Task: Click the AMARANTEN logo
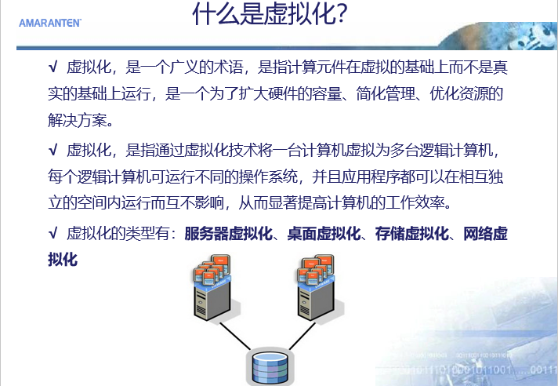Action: click(x=50, y=24)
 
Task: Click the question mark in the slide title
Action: click(x=341, y=13)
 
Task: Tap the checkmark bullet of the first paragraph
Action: click(x=53, y=67)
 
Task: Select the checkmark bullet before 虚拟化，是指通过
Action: click(x=53, y=150)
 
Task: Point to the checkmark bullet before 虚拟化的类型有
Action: click(x=53, y=233)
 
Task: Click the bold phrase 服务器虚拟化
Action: click(x=228, y=234)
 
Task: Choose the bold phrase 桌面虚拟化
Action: click(x=324, y=234)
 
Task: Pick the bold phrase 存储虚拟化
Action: click(x=411, y=234)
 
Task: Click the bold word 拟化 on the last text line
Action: click(x=63, y=259)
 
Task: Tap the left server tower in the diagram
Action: click(x=213, y=300)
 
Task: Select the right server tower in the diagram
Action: click(x=317, y=300)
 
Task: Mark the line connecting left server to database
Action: click(x=235, y=337)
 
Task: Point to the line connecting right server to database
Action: click(x=303, y=337)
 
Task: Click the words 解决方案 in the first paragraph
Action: click(x=78, y=120)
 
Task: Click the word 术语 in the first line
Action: click(x=228, y=67)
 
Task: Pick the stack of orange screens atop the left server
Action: click(x=212, y=270)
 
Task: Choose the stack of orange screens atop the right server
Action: click(x=316, y=270)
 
